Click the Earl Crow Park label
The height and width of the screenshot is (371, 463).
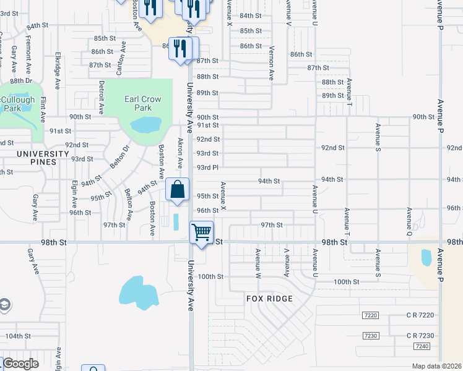point(142,103)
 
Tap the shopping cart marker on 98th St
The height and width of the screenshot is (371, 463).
point(202,233)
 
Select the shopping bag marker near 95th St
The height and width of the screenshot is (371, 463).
point(177,190)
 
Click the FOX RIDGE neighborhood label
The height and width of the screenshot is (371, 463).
point(269,299)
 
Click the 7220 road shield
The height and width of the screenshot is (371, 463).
point(370,315)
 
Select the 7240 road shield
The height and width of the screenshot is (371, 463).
point(422,346)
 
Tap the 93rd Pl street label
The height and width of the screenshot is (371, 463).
point(207,168)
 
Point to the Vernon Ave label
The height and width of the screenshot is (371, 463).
point(271,63)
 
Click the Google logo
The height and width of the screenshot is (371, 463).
point(20,364)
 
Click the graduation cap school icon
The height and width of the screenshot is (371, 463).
point(4,305)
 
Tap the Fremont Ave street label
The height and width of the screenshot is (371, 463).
point(28,54)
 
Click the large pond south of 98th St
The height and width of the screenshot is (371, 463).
point(139,292)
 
